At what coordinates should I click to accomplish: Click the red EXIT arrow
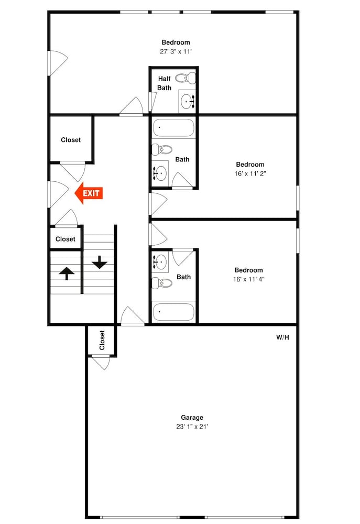[88, 193]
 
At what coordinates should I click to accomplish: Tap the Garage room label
[192, 418]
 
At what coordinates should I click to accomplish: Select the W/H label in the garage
[282, 337]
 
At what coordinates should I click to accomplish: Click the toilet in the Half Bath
[185, 78]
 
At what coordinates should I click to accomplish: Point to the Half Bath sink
[187, 101]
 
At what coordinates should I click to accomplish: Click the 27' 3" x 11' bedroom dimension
[176, 51]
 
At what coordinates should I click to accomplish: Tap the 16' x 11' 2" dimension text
[250, 173]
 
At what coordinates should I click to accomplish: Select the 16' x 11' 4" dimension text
[249, 279]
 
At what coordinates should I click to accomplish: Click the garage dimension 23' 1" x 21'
[192, 427]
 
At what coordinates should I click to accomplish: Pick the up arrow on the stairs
[67, 273]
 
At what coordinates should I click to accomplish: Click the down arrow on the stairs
[99, 263]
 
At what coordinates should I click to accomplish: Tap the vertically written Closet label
[102, 340]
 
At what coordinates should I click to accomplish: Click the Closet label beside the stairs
[65, 239]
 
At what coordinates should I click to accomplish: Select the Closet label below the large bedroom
[71, 140]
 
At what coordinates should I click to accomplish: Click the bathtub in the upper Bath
[173, 128]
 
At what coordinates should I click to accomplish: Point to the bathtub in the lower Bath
[173, 312]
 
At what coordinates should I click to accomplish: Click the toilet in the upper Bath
[162, 149]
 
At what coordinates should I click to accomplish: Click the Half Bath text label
[165, 83]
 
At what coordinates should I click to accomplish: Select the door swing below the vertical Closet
[101, 363]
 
